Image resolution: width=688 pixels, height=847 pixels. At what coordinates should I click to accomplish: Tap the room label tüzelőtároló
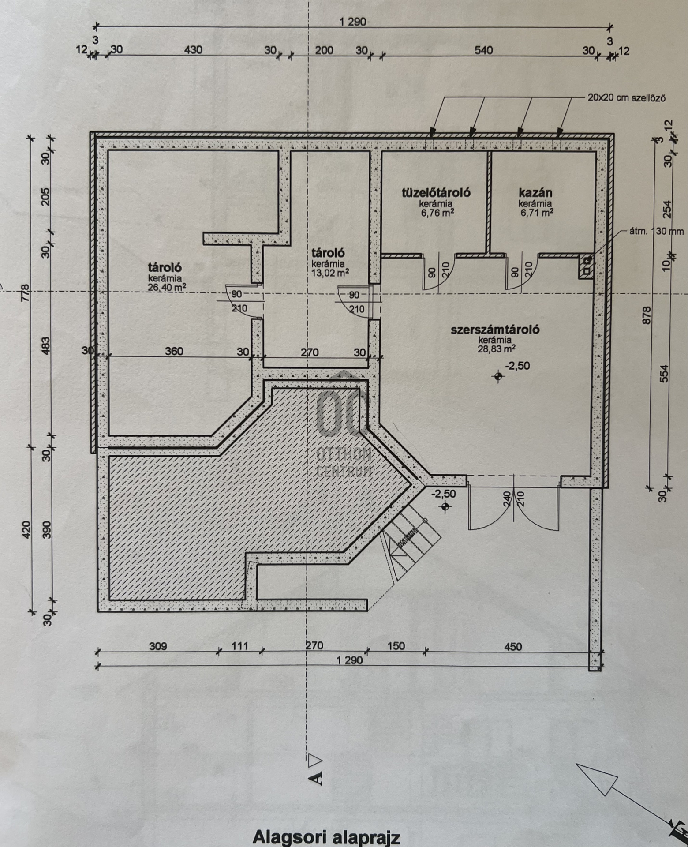(x=436, y=192)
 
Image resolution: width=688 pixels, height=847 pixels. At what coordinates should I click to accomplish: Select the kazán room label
(x=535, y=193)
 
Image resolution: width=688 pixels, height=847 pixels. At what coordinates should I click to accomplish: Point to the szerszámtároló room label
(x=495, y=330)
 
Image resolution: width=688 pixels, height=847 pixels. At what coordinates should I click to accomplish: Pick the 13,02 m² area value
(x=330, y=272)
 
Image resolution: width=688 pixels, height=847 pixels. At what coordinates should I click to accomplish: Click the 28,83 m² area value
(x=497, y=349)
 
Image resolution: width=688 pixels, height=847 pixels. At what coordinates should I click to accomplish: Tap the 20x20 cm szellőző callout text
(x=626, y=97)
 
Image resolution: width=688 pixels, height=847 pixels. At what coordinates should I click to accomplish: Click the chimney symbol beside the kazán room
(x=586, y=266)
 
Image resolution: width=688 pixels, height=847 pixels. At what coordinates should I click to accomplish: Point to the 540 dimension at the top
(x=483, y=50)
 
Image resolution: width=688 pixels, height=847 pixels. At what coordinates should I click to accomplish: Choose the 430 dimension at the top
(x=193, y=50)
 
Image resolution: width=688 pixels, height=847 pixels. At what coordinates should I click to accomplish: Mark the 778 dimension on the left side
(x=25, y=293)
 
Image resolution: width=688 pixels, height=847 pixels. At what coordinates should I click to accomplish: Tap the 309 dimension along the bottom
(x=158, y=646)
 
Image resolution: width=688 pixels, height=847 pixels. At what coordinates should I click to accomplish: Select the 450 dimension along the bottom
(x=512, y=647)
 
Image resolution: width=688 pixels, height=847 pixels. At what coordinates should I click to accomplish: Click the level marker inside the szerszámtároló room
(x=499, y=376)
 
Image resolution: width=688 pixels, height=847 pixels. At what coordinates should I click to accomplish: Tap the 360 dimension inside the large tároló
(x=174, y=352)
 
